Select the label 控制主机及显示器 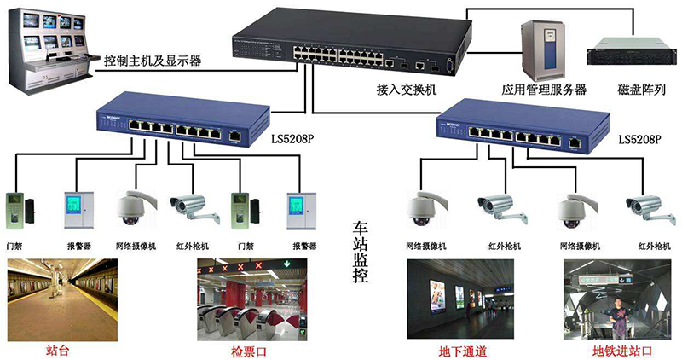(x=152, y=61)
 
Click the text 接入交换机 (x=407, y=88)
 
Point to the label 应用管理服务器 (x=544, y=89)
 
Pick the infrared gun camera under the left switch (x=188, y=204)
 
